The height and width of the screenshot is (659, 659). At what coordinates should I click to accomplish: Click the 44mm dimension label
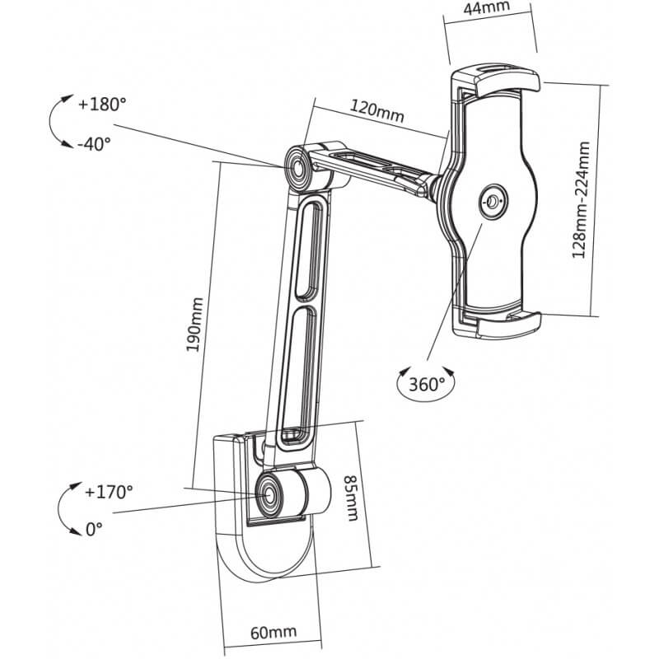(x=487, y=8)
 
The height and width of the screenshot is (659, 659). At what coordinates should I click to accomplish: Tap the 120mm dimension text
(x=377, y=111)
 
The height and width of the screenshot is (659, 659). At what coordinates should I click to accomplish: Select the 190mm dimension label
(x=195, y=325)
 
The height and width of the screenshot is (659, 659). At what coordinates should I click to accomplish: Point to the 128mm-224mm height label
(x=582, y=199)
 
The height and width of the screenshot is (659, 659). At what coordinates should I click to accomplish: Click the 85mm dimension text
(x=352, y=498)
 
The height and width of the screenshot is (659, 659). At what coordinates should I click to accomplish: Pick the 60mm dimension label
(x=273, y=632)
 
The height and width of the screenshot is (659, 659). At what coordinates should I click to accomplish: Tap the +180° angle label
(x=102, y=105)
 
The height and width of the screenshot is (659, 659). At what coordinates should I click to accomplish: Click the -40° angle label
(x=94, y=144)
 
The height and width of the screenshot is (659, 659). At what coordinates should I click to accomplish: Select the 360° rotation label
(x=427, y=384)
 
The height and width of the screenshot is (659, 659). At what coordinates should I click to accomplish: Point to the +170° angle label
(x=109, y=491)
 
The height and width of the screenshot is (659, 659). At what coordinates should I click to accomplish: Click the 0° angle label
(x=94, y=529)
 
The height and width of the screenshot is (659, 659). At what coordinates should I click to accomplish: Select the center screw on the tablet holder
(x=493, y=201)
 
